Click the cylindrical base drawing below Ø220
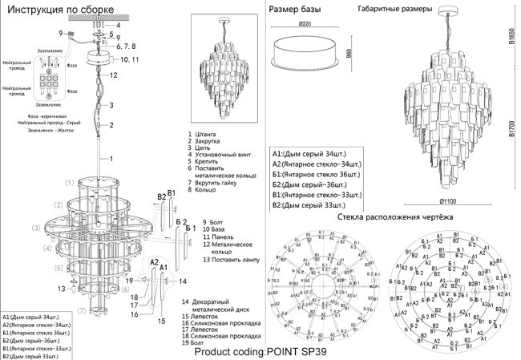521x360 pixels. [x=304, y=52]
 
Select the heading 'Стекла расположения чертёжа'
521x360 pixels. [x=395, y=217]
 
